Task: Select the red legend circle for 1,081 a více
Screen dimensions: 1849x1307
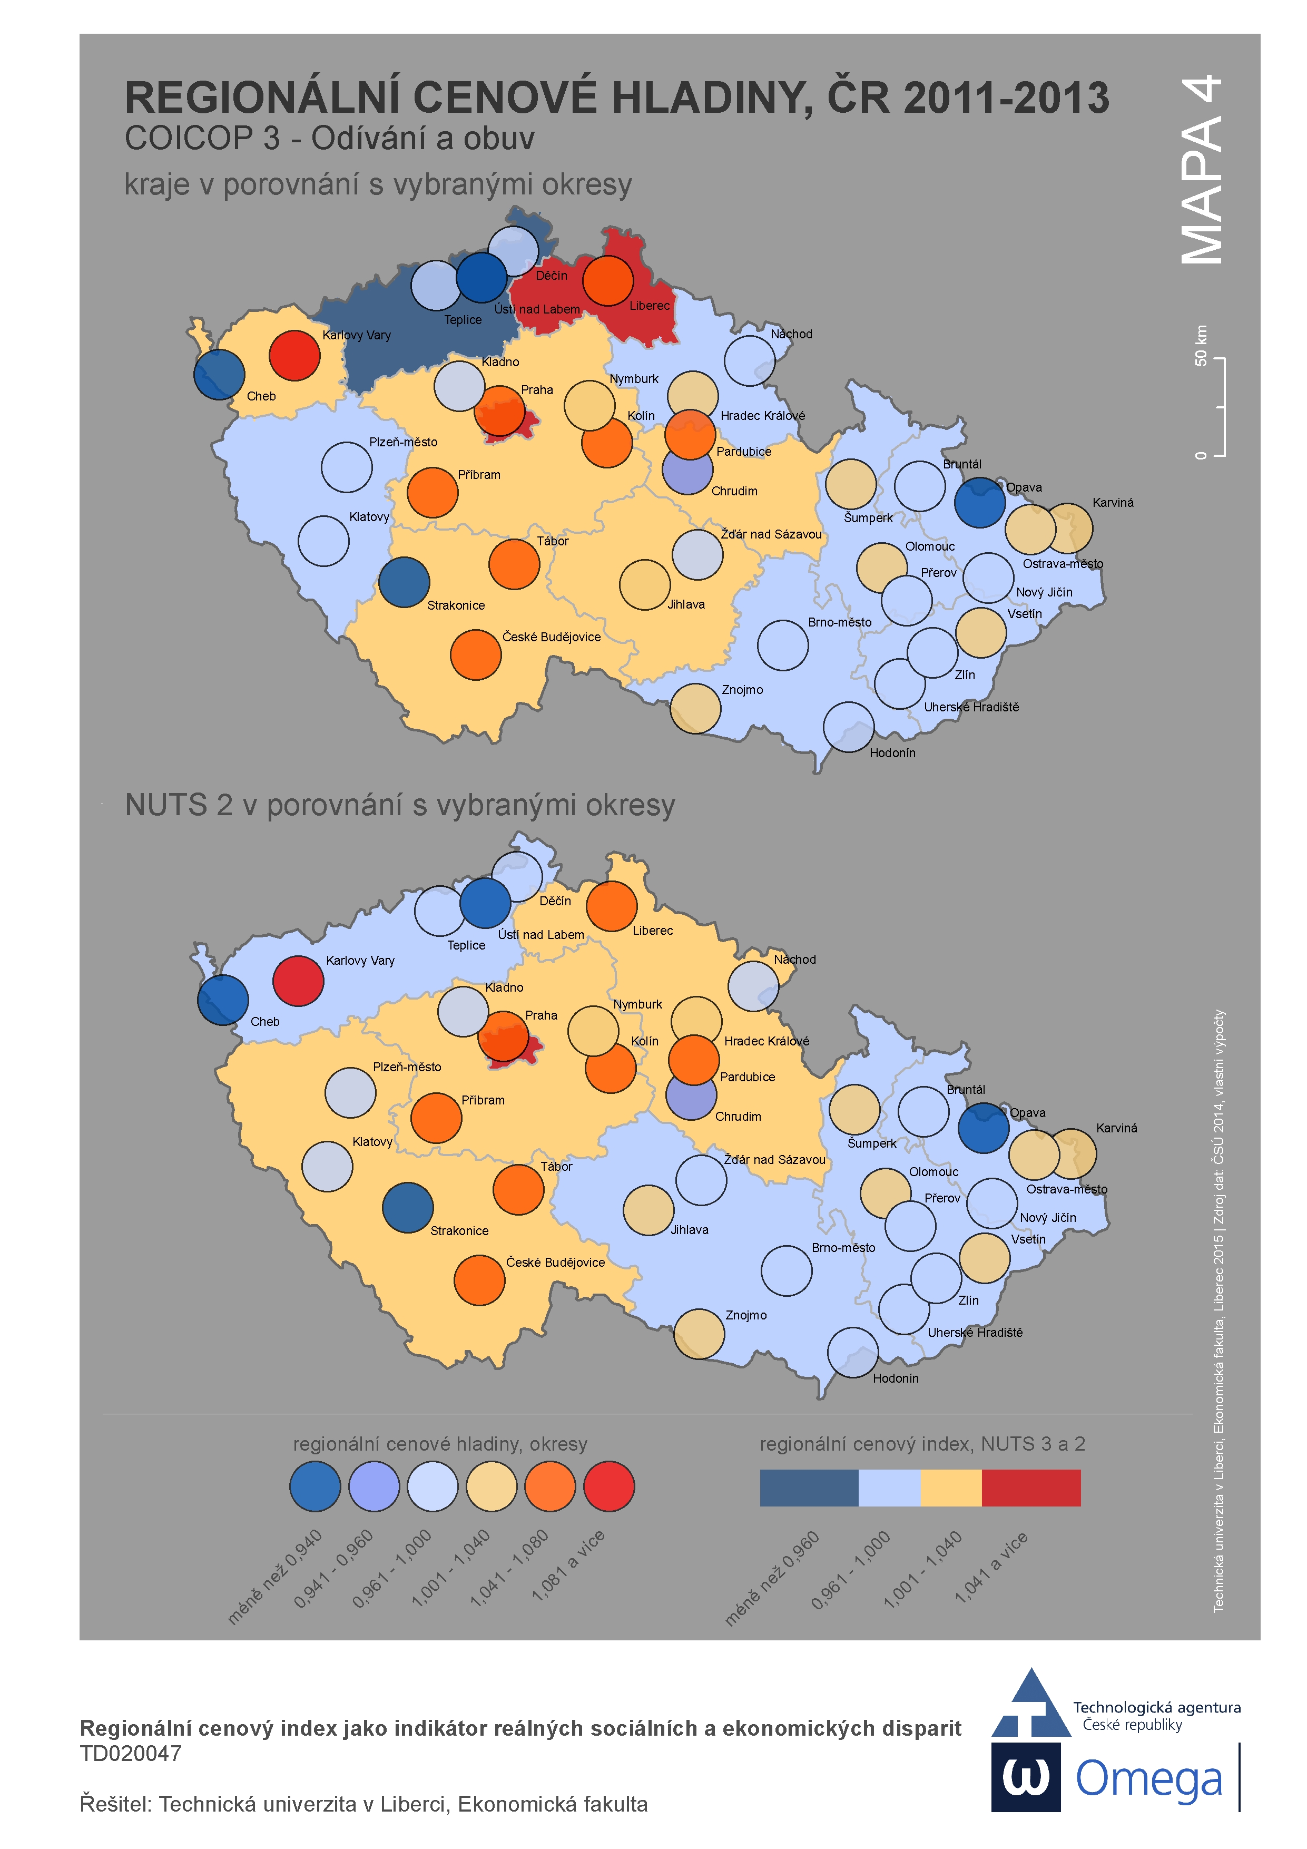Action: point(609,1486)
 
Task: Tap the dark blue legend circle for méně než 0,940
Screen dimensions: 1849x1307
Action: point(315,1486)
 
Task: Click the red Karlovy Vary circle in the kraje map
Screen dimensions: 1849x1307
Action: point(294,355)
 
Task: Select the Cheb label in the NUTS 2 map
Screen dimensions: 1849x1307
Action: point(265,1021)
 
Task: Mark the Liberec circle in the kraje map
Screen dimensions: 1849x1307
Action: point(608,280)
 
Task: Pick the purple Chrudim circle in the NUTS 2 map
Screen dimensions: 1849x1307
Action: point(691,1095)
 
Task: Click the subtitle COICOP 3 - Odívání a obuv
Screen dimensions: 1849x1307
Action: point(329,139)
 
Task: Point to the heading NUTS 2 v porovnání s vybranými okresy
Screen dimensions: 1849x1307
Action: point(399,805)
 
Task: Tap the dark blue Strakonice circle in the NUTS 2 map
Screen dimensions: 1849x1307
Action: point(407,1207)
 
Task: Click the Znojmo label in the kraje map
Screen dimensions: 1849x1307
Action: point(742,689)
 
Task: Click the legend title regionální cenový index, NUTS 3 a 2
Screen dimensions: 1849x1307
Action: point(922,1444)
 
